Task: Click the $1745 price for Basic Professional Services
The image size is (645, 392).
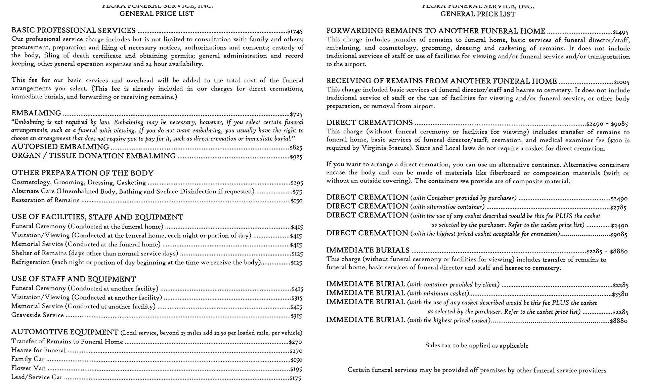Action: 295,32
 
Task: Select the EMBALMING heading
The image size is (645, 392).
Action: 36,113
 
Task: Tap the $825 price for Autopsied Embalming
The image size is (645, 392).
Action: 296,148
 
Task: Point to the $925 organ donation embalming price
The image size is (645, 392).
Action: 296,157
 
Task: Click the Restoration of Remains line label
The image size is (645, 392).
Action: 45,200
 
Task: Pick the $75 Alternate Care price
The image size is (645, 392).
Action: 297,192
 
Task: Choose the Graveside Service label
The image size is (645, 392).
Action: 37,315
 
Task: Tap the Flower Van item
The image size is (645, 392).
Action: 28,368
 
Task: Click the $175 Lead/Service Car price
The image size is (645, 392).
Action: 295,378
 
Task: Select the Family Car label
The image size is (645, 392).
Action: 28,359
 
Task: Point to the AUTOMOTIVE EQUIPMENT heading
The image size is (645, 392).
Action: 65,332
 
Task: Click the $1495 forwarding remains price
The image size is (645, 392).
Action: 620,33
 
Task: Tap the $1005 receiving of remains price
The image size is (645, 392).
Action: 621,82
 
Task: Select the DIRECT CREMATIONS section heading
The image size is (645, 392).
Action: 370,123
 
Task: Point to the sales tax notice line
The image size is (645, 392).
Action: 476,346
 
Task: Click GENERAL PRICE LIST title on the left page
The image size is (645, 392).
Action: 157,14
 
